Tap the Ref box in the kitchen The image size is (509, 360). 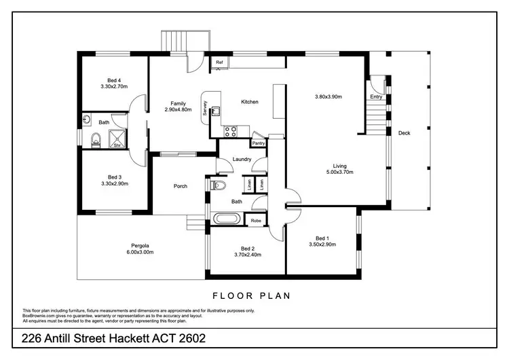[219, 62]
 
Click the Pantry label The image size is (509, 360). [258, 143]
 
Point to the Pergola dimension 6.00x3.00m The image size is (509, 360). [140, 253]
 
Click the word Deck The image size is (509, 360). [404, 133]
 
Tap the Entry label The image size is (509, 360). [376, 97]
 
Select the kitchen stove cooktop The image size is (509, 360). [229, 131]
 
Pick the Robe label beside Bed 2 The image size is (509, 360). [256, 221]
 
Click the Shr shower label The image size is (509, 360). [117, 145]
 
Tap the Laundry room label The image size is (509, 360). [242, 160]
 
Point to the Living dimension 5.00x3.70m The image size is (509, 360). [339, 173]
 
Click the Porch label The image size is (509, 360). [181, 186]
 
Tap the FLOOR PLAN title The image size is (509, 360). [252, 295]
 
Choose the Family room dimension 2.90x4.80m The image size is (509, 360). [178, 110]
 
